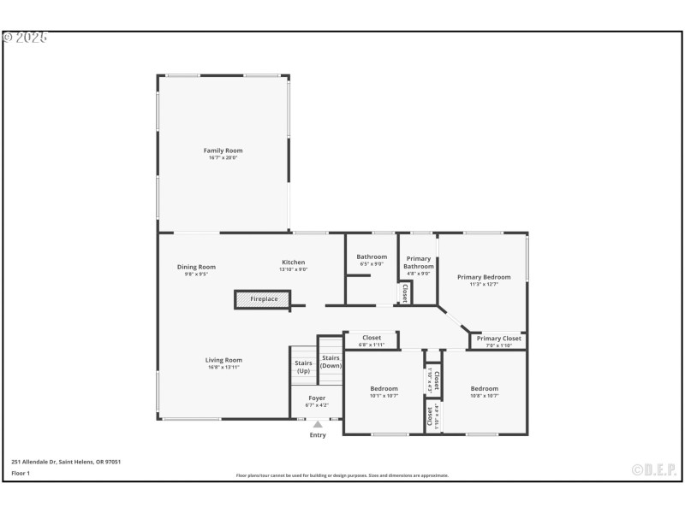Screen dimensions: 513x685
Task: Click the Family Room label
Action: (x=223, y=150)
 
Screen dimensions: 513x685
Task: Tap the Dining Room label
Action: (x=196, y=267)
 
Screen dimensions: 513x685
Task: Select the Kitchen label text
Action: (x=293, y=262)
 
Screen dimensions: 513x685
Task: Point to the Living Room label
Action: (x=223, y=360)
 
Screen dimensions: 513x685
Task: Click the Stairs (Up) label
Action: (x=303, y=367)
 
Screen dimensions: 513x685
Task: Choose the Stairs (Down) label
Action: (x=331, y=362)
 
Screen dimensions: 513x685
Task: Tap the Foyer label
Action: (x=317, y=398)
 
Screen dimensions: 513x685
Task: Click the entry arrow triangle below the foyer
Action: (x=318, y=423)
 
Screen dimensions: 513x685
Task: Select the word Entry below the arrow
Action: (x=318, y=435)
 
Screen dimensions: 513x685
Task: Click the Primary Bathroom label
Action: (x=419, y=262)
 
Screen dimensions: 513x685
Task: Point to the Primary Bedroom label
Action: (x=484, y=277)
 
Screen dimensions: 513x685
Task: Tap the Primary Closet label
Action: (x=498, y=339)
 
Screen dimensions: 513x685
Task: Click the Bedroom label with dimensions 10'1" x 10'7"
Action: (x=384, y=389)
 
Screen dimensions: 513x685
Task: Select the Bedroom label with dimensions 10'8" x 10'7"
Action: (x=484, y=389)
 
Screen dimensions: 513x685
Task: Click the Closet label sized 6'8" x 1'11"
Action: (x=371, y=338)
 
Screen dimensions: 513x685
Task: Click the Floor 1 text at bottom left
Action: (x=21, y=473)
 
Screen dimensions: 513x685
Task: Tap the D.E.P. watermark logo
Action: (x=654, y=469)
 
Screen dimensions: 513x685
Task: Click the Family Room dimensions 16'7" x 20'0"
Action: (x=223, y=158)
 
